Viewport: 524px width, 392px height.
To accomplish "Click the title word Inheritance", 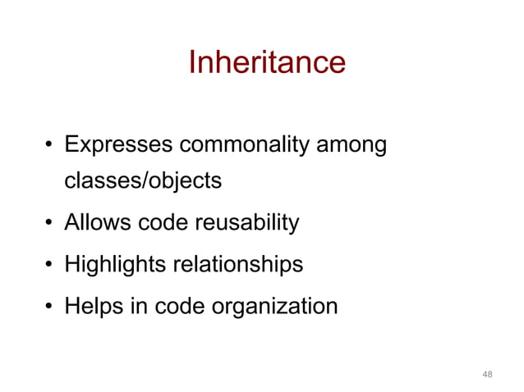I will pyautogui.click(x=266, y=62).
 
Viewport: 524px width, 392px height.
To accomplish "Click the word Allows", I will pyautogui.click(x=94, y=222).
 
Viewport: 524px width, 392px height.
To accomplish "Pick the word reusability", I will pyautogui.click(x=249, y=222).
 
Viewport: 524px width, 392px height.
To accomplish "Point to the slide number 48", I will pyautogui.click(x=487, y=375).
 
